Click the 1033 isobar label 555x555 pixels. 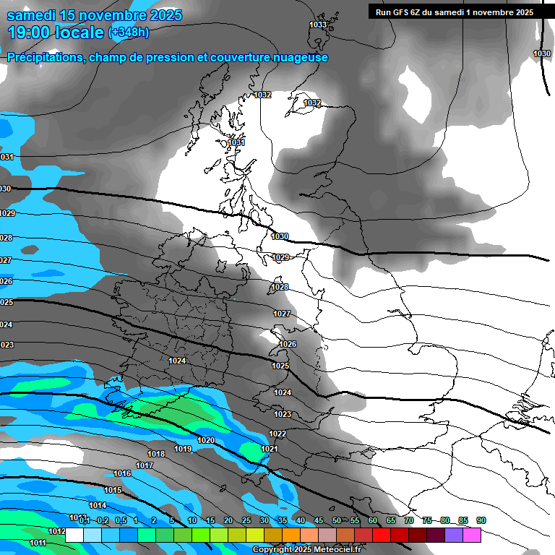pos(318,25)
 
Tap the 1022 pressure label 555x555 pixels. pos(277,434)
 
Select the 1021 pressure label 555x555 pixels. pos(270,449)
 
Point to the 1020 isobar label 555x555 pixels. pos(206,440)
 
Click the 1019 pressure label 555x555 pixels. pos(183,449)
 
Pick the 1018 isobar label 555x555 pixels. pos(156,454)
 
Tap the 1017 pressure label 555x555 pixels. pos(145,465)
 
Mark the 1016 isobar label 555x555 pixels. pos(122,473)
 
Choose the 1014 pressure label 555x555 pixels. pos(98,505)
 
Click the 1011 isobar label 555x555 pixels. pos(38,543)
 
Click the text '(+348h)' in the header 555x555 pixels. pos(129,33)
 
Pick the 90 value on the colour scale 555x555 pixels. pos(481,521)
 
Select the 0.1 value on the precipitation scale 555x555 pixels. pos(85,521)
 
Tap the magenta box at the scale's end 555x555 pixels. pos(472,535)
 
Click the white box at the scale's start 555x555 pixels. pos(74,535)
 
